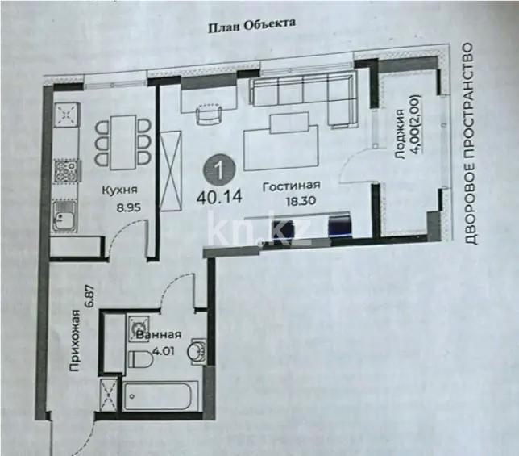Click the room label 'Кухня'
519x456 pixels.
[x=118, y=190]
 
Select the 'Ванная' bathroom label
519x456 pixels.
[x=158, y=336]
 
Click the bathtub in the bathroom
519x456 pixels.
[x=159, y=397]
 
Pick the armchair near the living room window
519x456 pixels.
[x=208, y=115]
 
